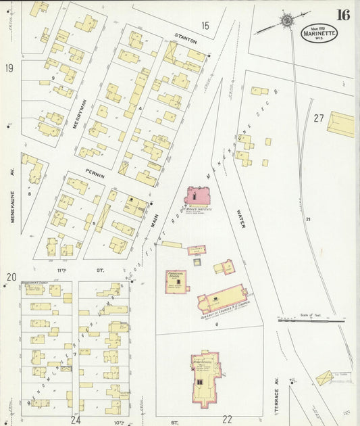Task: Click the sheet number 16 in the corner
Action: point(342,15)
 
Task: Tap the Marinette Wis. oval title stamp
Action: point(319,34)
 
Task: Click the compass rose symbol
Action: point(287,20)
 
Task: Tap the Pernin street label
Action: point(96,174)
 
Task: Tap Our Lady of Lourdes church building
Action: point(223,297)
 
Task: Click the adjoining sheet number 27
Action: point(319,118)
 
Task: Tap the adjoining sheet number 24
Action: point(76,419)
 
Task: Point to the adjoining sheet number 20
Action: point(11,277)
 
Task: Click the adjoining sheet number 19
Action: point(10,68)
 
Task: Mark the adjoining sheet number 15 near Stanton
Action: point(205,26)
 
